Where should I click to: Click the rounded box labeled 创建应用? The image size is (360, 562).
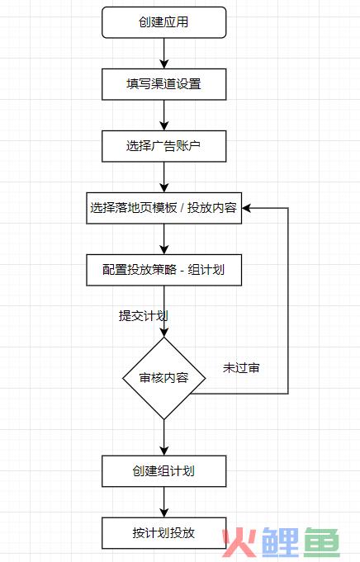(x=163, y=22)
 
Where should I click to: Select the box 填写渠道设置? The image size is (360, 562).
(x=163, y=84)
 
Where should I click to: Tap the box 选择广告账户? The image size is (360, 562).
(x=163, y=146)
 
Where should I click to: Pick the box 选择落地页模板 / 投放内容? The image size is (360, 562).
(x=163, y=208)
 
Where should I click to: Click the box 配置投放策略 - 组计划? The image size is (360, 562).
(x=163, y=270)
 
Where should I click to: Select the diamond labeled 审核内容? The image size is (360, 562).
(x=163, y=378)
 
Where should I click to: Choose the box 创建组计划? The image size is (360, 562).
(x=163, y=471)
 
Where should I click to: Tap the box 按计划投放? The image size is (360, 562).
(x=163, y=533)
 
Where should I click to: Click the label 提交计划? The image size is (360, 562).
(x=143, y=316)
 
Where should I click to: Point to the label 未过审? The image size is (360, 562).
(x=241, y=368)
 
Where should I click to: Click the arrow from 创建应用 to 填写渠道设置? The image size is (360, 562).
(x=163, y=54)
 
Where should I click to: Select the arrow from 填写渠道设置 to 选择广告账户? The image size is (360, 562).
(x=163, y=116)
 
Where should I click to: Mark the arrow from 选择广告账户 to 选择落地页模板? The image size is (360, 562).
(x=163, y=177)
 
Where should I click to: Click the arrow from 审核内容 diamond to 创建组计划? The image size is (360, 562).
(x=163, y=437)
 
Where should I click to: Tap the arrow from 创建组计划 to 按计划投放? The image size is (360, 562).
(x=163, y=502)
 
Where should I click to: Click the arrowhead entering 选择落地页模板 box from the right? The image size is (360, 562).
(x=246, y=208)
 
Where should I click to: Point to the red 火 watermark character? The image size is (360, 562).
(x=239, y=543)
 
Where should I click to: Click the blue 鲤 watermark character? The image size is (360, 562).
(x=281, y=542)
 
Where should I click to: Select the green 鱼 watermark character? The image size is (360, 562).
(x=322, y=542)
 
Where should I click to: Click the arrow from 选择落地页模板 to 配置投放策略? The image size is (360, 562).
(x=163, y=239)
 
